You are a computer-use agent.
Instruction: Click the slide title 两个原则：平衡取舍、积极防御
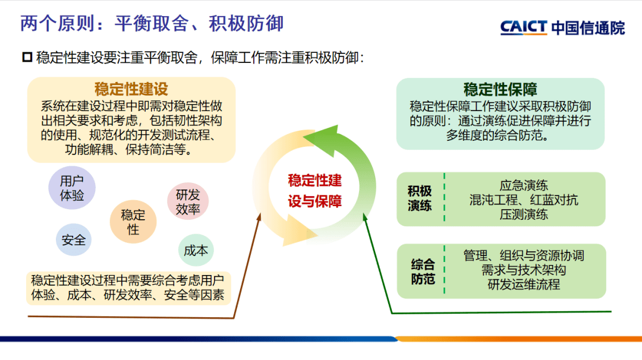point(152,24)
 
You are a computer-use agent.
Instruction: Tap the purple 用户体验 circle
point(72,188)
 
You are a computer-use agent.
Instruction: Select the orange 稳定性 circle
point(133,222)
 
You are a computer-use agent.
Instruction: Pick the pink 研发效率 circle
point(188,202)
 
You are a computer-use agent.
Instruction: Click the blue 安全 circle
point(74,240)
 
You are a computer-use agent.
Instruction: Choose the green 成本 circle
point(196,250)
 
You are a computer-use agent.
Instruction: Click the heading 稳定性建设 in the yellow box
point(131,89)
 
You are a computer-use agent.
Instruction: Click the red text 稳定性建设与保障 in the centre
point(314,191)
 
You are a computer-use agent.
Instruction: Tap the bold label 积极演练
point(420,198)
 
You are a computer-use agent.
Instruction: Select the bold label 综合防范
point(423,271)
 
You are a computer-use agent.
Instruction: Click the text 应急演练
point(523,185)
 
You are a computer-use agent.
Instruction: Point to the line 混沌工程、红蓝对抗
point(523,200)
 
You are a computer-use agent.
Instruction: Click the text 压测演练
point(523,214)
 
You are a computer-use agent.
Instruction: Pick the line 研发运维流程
point(523,285)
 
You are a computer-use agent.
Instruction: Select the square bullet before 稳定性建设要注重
point(26,57)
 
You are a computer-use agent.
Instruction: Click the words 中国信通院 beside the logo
point(588,28)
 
